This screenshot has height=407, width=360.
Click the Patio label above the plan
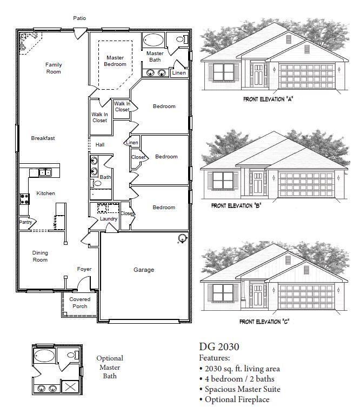[79, 18]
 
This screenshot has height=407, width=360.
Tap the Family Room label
[54, 68]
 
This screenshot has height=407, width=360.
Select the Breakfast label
[43, 138]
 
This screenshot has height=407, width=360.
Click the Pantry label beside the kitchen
[25, 222]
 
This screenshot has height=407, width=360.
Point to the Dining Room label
[40, 256]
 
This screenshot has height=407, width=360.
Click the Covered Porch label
[79, 303]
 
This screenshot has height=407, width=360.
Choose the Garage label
[144, 270]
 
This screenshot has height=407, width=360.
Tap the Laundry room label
[109, 219]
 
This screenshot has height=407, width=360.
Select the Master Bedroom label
[115, 61]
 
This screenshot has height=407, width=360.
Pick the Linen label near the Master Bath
[179, 73]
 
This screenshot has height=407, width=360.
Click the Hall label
[100, 145]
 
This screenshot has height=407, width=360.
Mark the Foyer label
[84, 269]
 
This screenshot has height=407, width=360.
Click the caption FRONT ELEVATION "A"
[268, 99]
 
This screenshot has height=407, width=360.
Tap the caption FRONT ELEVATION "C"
[264, 322]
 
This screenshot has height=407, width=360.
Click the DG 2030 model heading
[219, 347]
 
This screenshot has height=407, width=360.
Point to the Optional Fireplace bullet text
[237, 399]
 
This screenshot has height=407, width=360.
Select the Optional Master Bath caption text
[110, 367]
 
